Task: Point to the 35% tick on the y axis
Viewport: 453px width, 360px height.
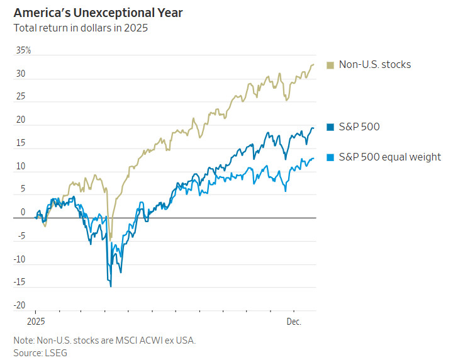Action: point(23,50)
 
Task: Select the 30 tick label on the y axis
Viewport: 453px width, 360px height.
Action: point(21,74)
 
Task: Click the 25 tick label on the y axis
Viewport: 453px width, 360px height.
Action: point(21,97)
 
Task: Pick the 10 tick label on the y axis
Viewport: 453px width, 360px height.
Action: point(21,167)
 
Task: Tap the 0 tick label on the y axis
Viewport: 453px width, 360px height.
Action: point(23,213)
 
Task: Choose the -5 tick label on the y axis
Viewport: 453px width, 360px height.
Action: point(20,236)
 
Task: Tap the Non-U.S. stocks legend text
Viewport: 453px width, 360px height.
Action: point(375,64)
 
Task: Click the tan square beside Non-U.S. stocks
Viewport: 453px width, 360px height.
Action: point(330,65)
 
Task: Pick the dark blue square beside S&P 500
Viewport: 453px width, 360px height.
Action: point(330,127)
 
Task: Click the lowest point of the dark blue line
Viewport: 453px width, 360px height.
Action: point(111,286)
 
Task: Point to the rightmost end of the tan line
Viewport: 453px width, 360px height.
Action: point(314,64)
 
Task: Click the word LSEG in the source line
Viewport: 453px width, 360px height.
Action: point(56,353)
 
